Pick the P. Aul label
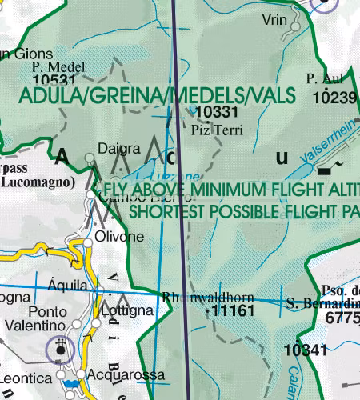coord(323,79)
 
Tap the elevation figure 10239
coord(334,97)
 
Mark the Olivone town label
coord(119,237)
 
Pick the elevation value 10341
coord(310,350)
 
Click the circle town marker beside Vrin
coord(296,26)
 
